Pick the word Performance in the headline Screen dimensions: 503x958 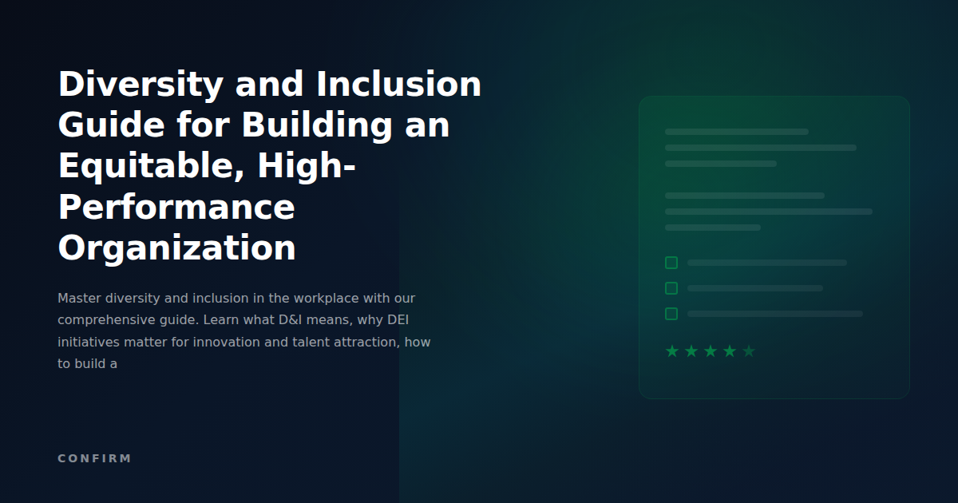pyautogui.click(x=176, y=208)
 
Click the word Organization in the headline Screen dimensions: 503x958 pyautogui.click(x=176, y=248)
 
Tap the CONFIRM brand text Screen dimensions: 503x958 pyautogui.click(x=94, y=458)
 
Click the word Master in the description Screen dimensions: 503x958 pyautogui.click(x=79, y=299)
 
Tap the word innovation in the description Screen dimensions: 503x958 pyautogui.click(x=255, y=343)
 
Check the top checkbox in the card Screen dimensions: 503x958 pyautogui.click(x=671, y=263)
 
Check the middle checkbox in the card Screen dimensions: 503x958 pyautogui.click(x=671, y=288)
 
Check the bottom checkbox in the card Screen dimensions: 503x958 pyautogui.click(x=671, y=314)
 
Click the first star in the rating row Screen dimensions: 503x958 pyautogui.click(x=672, y=351)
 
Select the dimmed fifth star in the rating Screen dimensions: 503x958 pyautogui.click(x=749, y=351)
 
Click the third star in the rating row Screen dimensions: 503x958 pyautogui.click(x=711, y=351)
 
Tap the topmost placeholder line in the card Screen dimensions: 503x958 pyautogui.click(x=736, y=132)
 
